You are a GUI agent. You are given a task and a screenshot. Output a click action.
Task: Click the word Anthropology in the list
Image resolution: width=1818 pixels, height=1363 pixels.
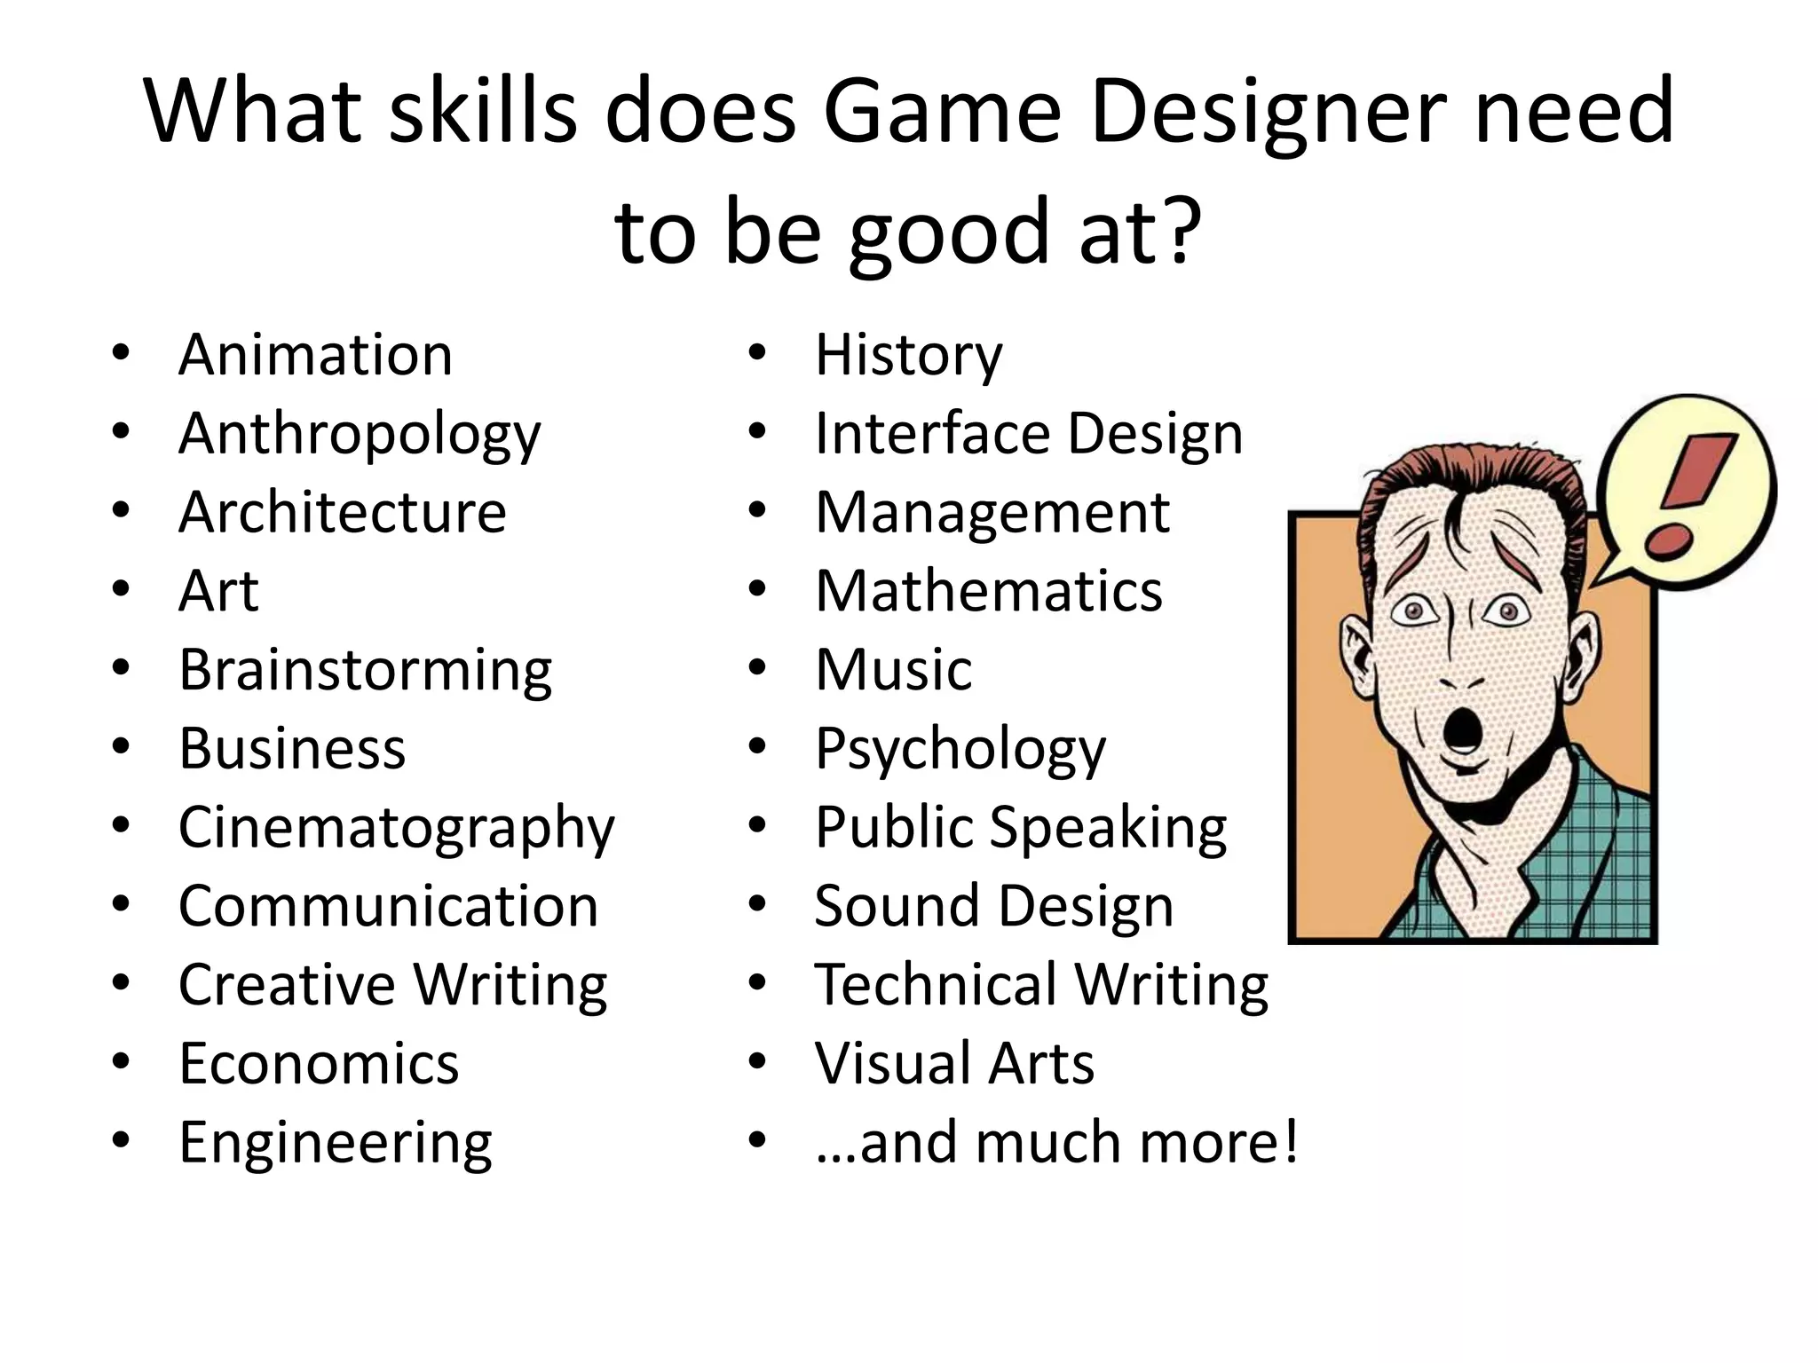click(x=359, y=435)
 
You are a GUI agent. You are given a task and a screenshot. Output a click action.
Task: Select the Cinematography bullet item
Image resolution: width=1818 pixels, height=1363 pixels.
click(x=396, y=828)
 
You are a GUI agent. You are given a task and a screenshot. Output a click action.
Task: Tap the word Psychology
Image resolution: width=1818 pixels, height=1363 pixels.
click(x=960, y=750)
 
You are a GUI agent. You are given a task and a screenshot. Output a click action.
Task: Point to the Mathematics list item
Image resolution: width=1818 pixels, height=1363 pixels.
click(x=988, y=592)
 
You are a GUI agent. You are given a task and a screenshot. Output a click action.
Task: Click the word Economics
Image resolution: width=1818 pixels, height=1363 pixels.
click(x=319, y=1064)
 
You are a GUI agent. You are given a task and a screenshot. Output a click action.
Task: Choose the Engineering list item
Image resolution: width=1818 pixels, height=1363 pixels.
click(x=335, y=1143)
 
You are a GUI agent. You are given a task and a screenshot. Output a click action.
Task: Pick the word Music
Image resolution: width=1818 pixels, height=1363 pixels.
click(x=893, y=670)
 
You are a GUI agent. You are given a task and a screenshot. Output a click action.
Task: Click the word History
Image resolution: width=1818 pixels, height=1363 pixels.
click(x=908, y=356)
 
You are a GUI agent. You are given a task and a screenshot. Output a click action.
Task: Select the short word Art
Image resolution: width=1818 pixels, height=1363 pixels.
click(x=218, y=592)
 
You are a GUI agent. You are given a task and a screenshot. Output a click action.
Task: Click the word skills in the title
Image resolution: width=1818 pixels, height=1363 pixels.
click(x=484, y=112)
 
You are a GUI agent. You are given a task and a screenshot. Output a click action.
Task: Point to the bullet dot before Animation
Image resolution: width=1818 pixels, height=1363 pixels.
click(x=121, y=354)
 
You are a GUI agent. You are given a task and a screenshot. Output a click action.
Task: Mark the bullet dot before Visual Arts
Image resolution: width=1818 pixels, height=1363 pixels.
click(x=756, y=1062)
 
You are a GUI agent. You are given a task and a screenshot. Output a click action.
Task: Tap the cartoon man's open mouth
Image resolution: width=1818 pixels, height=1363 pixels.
click(x=1459, y=729)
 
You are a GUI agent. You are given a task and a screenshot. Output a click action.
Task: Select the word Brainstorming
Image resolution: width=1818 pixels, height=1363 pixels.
click(x=365, y=670)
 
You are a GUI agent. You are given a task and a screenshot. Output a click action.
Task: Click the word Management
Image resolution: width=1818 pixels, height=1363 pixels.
click(x=992, y=513)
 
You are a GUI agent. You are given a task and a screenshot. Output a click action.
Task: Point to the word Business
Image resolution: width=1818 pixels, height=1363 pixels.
click(x=292, y=749)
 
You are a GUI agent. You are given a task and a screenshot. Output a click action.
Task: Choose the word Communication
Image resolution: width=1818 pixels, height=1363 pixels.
click(x=388, y=907)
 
